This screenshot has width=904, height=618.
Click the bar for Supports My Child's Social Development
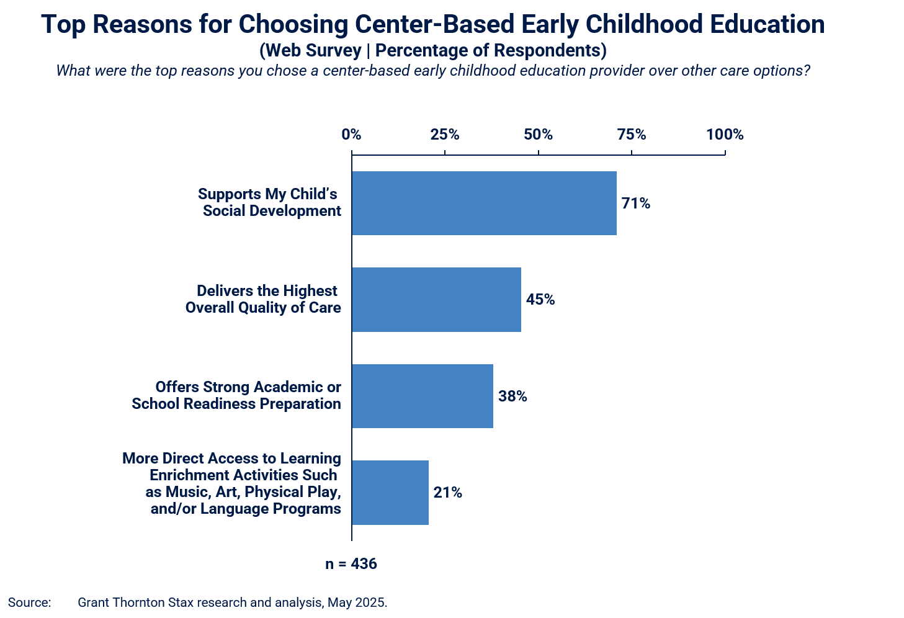pos(485,203)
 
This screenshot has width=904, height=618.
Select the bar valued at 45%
pos(436,300)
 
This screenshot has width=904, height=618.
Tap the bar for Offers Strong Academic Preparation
pos(423,396)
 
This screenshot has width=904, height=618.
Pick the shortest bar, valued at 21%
pos(390,493)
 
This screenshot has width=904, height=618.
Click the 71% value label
pos(635,203)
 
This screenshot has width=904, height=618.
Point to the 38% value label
pos(512,396)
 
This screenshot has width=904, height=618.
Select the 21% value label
pos(447,493)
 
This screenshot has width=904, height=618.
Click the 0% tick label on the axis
pos(351,135)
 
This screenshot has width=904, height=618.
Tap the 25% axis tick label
pos(445,135)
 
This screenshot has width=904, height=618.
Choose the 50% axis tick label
pos(539,135)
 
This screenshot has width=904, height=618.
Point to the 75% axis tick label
pos(632,135)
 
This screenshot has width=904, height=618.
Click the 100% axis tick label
pos(725,135)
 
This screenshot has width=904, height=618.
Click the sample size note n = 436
pos(351,563)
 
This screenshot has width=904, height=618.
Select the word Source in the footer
pos(29,602)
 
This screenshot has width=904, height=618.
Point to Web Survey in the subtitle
pos(313,50)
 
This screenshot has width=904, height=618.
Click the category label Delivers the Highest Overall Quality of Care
pos(263,299)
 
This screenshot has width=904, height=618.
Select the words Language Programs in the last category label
pos(271,509)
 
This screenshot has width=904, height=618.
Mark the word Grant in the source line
pos(94,602)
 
